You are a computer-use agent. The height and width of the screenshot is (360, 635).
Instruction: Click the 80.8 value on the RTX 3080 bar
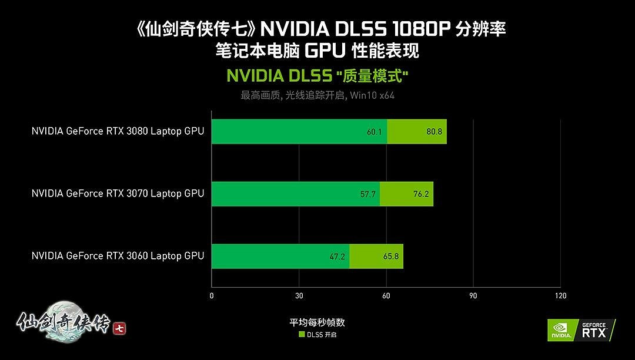tap(434, 132)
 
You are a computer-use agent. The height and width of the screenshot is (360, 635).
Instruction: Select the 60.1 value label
tap(375, 132)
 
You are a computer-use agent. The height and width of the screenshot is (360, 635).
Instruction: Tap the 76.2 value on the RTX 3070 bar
tap(421, 194)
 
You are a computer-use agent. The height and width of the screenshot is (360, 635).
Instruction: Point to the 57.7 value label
tap(367, 194)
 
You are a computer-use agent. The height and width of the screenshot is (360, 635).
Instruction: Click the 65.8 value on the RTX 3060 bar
tap(391, 256)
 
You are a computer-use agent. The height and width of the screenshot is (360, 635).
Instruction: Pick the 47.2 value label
tap(336, 256)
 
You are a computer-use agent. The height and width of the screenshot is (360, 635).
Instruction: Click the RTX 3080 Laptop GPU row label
tap(118, 131)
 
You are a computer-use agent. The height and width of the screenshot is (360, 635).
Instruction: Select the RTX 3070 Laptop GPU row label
tap(118, 194)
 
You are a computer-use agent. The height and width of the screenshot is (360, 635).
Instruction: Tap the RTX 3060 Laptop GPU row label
tap(118, 256)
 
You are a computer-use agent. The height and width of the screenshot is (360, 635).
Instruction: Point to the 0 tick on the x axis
tap(212, 296)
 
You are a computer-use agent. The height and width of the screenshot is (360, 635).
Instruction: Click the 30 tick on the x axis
tap(299, 296)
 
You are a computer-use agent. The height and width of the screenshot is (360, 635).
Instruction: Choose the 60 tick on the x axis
tap(386, 296)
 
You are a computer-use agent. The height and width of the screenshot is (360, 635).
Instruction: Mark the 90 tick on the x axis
tap(473, 296)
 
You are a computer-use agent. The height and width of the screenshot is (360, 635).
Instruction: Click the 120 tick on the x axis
tap(560, 296)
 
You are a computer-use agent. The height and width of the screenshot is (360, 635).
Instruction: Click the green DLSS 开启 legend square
tap(302, 335)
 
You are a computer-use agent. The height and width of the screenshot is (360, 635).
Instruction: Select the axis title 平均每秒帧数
tap(317, 323)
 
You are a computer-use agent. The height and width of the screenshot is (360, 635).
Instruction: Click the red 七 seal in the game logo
tap(119, 328)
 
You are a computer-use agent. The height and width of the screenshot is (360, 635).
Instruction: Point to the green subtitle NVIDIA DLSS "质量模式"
tap(317, 76)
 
